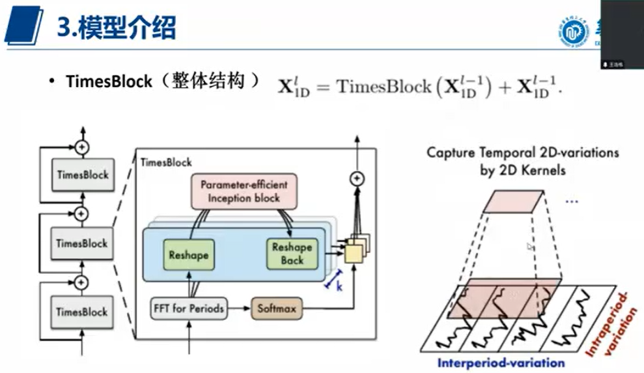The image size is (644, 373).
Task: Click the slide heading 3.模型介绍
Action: (116, 28)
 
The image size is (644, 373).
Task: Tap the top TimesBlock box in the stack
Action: (82, 175)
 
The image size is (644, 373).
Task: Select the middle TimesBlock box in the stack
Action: (82, 243)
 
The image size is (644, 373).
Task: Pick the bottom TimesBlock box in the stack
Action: (82, 311)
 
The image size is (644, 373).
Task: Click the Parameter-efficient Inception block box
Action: (243, 191)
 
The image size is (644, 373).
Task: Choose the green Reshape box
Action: (188, 255)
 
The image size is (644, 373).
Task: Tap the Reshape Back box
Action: (292, 254)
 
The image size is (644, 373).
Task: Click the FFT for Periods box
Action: (188, 308)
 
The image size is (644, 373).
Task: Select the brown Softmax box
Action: (277, 309)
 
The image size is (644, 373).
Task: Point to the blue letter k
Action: (339, 286)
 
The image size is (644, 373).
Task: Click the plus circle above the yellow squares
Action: (357, 178)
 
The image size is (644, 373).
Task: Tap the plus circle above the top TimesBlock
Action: (82, 147)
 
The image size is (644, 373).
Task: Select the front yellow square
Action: (354, 253)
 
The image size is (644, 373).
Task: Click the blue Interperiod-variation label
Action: (501, 363)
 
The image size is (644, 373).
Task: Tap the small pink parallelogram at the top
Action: (513, 202)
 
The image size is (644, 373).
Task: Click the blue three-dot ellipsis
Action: (572, 201)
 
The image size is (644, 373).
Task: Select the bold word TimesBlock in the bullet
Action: (109, 82)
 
